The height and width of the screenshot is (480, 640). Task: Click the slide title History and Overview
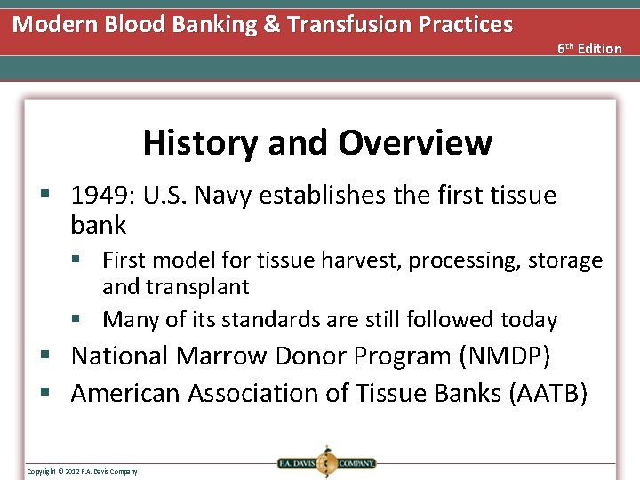[317, 142]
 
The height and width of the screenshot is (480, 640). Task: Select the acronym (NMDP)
[505, 356]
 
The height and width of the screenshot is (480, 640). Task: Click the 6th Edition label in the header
[589, 48]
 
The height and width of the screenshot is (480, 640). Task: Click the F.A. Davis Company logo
[326, 462]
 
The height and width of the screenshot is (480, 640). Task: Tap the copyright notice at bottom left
[82, 471]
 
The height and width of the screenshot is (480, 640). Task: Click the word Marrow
[221, 356]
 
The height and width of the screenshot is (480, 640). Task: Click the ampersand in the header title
[271, 24]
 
